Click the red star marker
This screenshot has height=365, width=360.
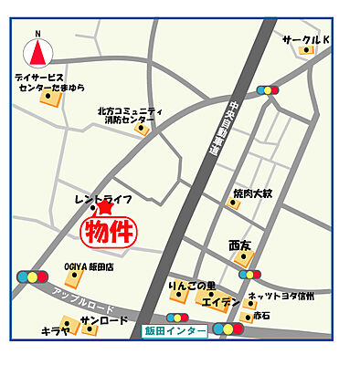click(x=104, y=208)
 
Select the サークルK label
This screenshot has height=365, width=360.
click(x=304, y=39)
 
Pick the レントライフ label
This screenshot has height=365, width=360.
click(x=103, y=198)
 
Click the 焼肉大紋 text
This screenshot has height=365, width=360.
click(x=251, y=193)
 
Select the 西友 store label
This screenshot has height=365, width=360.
click(x=239, y=245)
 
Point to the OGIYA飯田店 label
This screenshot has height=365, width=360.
click(x=89, y=266)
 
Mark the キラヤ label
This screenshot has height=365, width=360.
click(x=56, y=331)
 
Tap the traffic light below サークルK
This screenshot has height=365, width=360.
click(x=269, y=90)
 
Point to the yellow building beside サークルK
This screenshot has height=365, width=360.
click(x=307, y=50)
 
